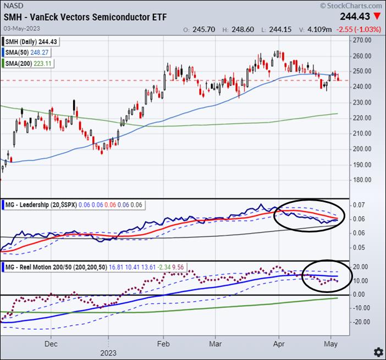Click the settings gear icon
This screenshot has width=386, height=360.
(x=378, y=351)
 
